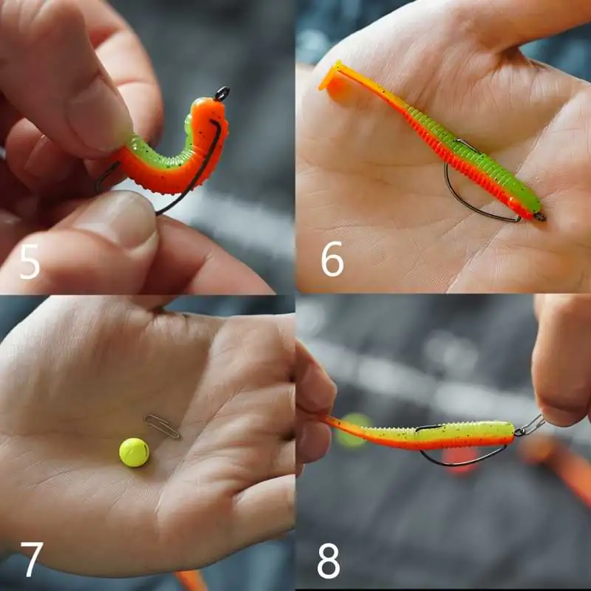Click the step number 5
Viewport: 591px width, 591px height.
tap(29, 262)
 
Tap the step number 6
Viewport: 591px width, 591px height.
tap(332, 259)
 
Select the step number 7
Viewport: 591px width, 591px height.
tap(32, 559)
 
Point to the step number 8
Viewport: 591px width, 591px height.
tap(329, 561)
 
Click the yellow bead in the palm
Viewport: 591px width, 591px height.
tap(134, 452)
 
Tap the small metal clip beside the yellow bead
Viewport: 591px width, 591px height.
tap(163, 426)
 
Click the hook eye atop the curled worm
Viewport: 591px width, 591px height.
tap(222, 93)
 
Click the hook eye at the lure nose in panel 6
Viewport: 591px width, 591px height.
tap(540, 216)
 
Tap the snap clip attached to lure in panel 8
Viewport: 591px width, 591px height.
tap(530, 426)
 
